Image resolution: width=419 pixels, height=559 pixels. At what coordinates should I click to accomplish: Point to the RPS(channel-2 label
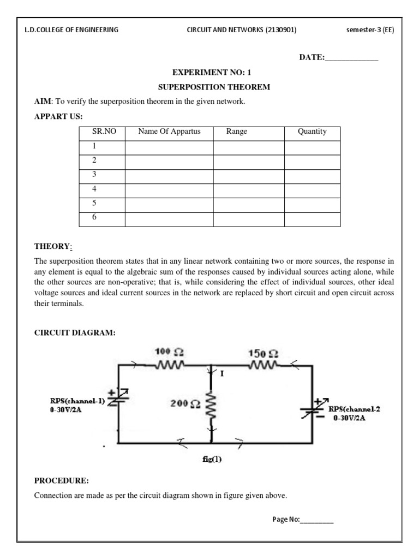(x=354, y=409)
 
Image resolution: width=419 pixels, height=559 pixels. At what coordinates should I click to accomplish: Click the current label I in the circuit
(x=222, y=374)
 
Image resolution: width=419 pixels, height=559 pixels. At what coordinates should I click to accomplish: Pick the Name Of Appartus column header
(x=169, y=132)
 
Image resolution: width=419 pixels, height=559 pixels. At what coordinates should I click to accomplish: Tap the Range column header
(x=236, y=132)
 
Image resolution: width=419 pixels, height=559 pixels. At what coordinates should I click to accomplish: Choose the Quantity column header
(x=312, y=132)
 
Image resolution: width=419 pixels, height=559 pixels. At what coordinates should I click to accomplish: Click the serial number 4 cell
(x=94, y=189)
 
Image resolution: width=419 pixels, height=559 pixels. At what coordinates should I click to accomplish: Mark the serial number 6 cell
(x=94, y=217)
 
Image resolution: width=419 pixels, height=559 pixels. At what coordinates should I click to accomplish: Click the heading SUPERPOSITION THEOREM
(x=214, y=87)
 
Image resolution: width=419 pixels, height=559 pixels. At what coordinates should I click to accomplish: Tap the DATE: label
(x=312, y=58)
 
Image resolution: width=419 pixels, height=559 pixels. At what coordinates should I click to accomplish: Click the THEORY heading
(x=52, y=247)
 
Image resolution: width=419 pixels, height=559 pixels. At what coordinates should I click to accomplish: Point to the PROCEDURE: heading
(x=61, y=481)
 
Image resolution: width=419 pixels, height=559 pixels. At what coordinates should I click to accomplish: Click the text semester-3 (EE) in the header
(x=370, y=30)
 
